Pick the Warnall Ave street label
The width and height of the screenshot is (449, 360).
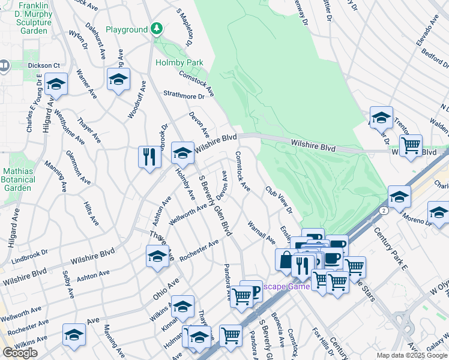click(x=261, y=233)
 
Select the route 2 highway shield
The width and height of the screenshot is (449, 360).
click(x=382, y=211)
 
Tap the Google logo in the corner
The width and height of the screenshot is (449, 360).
click(x=20, y=353)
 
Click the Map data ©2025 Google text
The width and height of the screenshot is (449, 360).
click(x=411, y=355)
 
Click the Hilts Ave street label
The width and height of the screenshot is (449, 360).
click(x=91, y=213)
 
